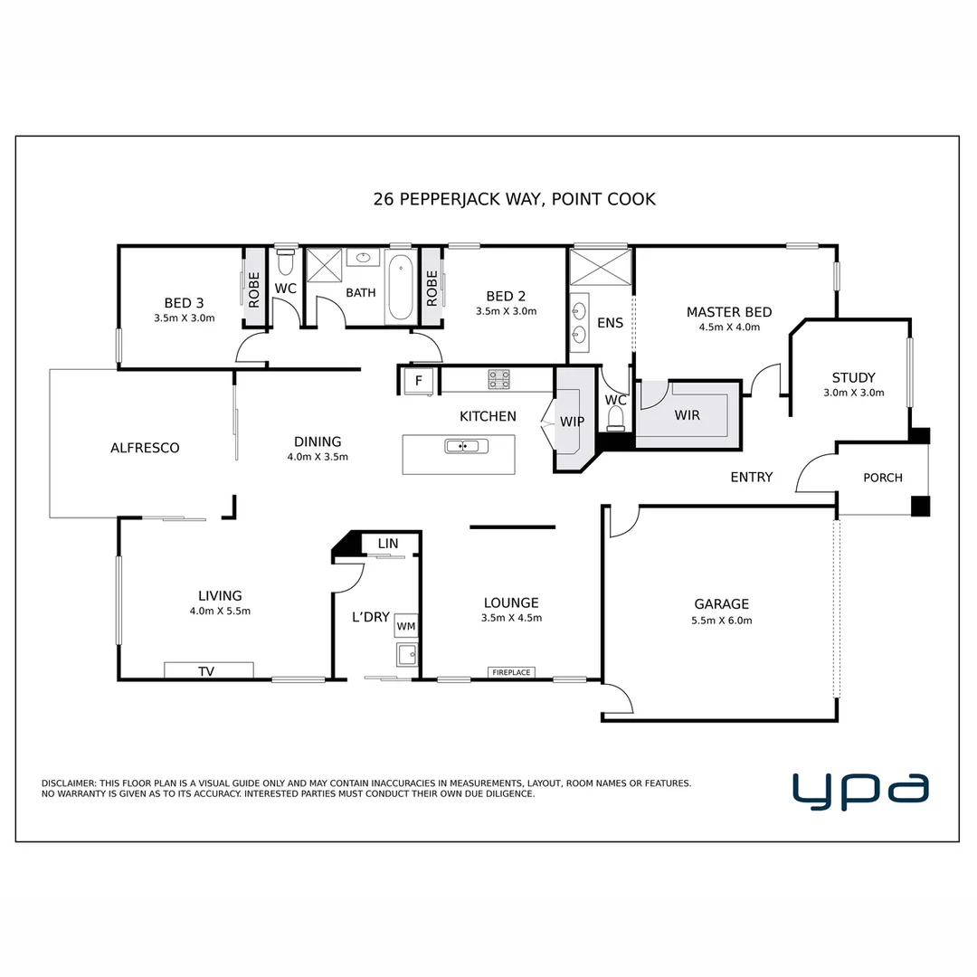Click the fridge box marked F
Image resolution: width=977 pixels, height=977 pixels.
tap(419, 381)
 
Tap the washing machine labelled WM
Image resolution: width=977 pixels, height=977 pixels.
tap(406, 626)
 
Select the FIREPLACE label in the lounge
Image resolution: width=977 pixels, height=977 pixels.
tap(511, 672)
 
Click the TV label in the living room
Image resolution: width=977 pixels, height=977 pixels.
tap(206, 671)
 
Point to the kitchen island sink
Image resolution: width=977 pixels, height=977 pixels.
tap(461, 446)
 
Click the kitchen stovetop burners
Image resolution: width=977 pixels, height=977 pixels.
tap(498, 379)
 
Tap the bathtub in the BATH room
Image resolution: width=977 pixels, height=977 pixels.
tap(400, 288)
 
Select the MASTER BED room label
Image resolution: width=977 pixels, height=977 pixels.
tap(729, 312)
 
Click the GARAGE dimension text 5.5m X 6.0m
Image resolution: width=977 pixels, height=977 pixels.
tap(722, 621)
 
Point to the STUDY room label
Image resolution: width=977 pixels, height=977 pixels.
tap(854, 377)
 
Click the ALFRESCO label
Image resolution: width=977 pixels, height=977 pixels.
tap(145, 448)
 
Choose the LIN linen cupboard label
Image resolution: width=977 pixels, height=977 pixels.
tap(387, 544)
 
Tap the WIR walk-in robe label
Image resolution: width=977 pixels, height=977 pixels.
tap(688, 415)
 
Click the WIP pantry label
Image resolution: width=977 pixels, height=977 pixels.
tap(572, 422)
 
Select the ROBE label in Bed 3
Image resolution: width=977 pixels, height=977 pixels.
tap(253, 289)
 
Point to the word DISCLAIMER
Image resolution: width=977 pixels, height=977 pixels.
tap(69, 783)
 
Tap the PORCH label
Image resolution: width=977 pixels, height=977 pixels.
tap(883, 478)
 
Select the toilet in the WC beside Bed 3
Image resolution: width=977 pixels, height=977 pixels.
tap(285, 261)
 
